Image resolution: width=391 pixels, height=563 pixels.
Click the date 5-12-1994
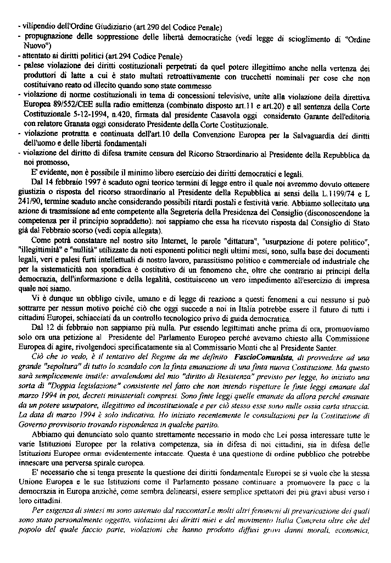click(x=93, y=115)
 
